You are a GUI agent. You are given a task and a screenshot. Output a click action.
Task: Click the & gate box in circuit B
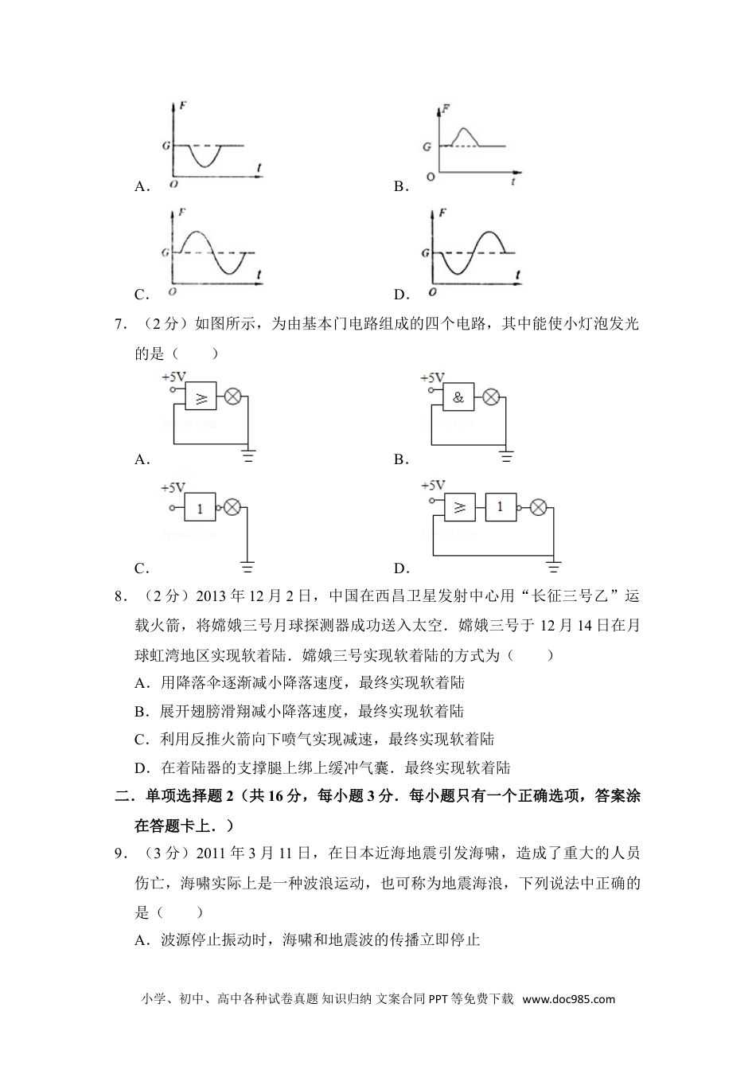(x=458, y=397)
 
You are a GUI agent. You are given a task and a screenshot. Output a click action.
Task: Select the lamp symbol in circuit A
(x=234, y=396)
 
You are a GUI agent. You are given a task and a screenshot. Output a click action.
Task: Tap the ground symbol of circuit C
(x=247, y=567)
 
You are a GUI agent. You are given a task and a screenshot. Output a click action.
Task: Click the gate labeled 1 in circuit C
(x=201, y=508)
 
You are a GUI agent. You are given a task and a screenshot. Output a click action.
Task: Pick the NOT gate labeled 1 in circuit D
(x=500, y=506)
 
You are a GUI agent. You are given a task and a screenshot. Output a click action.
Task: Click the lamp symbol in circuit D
(x=538, y=506)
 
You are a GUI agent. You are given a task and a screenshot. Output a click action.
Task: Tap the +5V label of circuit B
(x=433, y=377)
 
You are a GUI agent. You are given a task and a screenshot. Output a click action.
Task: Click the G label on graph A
(x=166, y=146)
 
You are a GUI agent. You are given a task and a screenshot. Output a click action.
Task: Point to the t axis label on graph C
(x=259, y=275)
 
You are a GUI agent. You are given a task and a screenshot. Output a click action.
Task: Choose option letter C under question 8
(x=141, y=740)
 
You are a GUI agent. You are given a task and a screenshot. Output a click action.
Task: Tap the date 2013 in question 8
(x=211, y=596)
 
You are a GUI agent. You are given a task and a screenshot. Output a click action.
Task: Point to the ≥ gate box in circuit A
(x=201, y=396)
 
